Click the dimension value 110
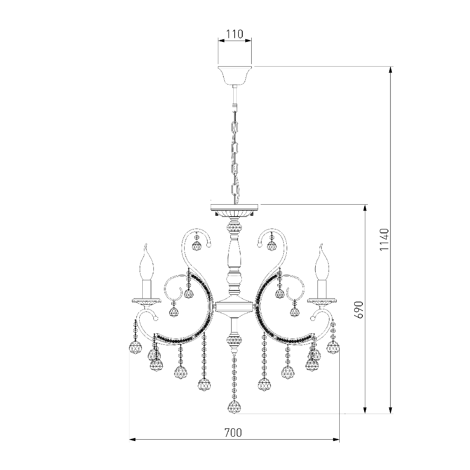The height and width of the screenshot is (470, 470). (x=235, y=34)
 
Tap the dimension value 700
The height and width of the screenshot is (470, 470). (x=233, y=432)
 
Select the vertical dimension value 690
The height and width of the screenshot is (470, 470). (x=359, y=310)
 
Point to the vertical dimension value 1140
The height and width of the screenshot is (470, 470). (x=384, y=240)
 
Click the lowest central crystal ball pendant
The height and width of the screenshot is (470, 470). (x=235, y=407)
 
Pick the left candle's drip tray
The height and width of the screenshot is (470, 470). (x=147, y=301)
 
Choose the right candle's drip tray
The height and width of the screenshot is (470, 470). (x=323, y=301)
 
